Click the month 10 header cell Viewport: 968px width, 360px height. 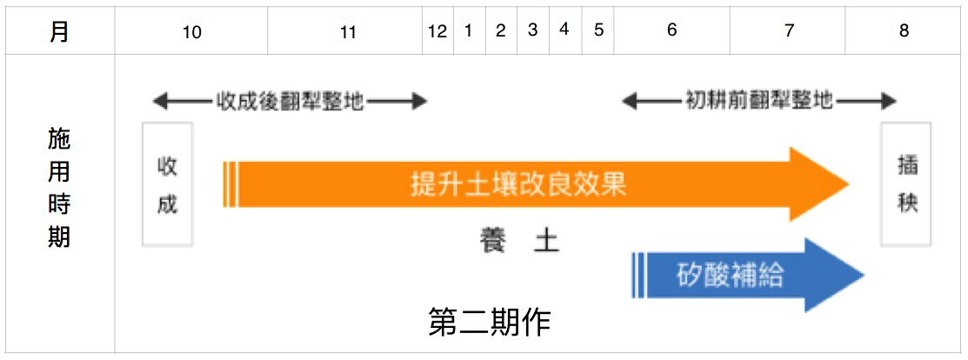pyautogui.click(x=190, y=31)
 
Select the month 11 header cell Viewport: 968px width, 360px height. pyautogui.click(x=344, y=31)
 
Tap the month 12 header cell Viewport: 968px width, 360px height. pyautogui.click(x=437, y=31)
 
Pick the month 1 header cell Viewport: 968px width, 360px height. pyautogui.click(x=469, y=31)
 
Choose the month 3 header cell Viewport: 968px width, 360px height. pyautogui.click(x=533, y=31)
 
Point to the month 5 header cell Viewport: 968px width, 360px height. pyautogui.click(x=597, y=31)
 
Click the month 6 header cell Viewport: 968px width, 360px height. pyautogui.click(x=671, y=31)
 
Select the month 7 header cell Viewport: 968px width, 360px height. pyautogui.click(x=788, y=31)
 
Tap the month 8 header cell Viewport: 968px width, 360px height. pyautogui.click(x=904, y=31)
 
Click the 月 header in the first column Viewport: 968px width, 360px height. pyautogui.click(x=58, y=31)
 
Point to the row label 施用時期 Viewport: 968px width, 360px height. pyautogui.click(x=59, y=188)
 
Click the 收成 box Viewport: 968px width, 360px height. pyautogui.click(x=167, y=184)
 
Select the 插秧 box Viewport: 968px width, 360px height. pyautogui.click(x=906, y=184)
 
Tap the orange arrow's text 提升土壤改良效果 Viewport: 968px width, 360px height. pyautogui.click(x=519, y=184)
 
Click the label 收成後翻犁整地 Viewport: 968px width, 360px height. pyautogui.click(x=290, y=101)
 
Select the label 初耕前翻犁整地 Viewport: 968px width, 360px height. pyautogui.click(x=759, y=101)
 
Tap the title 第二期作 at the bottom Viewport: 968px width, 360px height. pyautogui.click(x=490, y=323)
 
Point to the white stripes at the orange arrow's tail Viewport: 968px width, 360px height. pyautogui.click(x=230, y=184)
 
